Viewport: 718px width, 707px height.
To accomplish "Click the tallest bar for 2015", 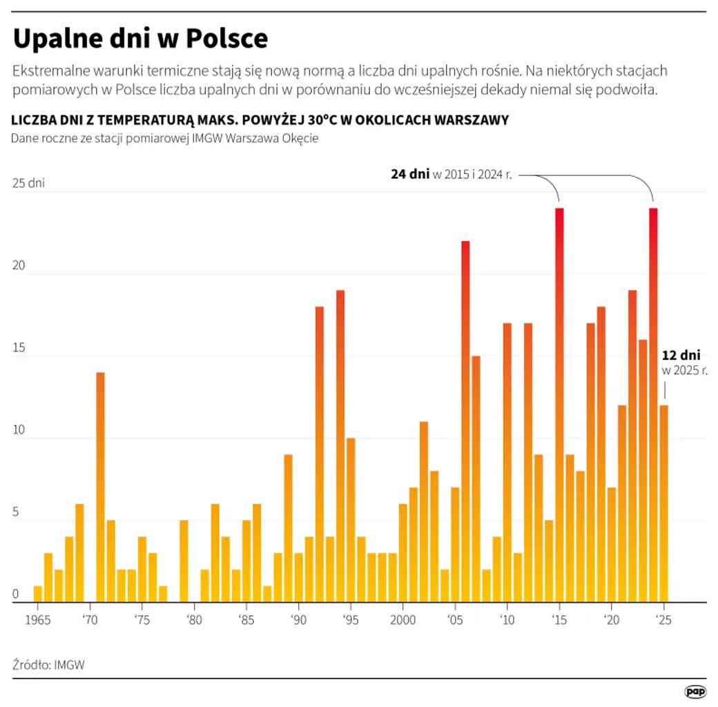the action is [559, 405].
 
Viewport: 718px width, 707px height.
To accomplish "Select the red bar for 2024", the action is [653, 405].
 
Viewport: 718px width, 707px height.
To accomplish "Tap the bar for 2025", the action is [663, 504].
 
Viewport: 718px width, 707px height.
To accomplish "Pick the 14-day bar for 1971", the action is [100, 487].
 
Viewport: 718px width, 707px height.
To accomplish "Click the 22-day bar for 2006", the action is [465, 421].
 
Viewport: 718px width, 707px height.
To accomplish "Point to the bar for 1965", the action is [37, 594].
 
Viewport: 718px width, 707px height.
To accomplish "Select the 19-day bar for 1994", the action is [340, 446].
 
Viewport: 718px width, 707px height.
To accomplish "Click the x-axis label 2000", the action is [402, 619].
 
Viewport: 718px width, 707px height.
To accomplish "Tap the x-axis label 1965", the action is [37, 619].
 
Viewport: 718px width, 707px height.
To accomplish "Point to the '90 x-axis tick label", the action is [298, 619].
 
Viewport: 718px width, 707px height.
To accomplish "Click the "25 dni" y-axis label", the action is [28, 183].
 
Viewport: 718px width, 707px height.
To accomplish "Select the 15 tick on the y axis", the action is [19, 347].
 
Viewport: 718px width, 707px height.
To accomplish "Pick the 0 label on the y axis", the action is [16, 594].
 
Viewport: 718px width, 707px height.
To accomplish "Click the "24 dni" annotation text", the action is [410, 174].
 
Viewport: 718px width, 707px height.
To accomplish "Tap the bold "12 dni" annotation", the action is [681, 356].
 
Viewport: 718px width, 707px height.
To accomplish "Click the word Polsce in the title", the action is [226, 39].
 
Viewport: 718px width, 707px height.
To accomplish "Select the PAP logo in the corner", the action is [695, 691].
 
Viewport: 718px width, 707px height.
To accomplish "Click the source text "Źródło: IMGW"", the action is [48, 664].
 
